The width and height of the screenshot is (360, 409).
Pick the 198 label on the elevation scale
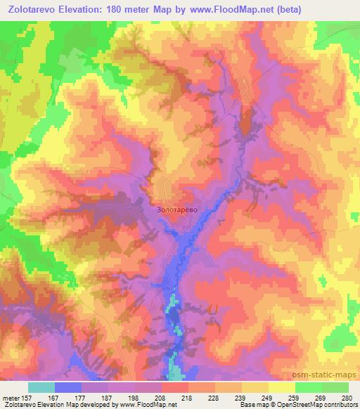136,398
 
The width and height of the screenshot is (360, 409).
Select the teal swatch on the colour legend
41,387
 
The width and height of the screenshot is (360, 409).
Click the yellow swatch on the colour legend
282,387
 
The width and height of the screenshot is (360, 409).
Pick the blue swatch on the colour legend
68,387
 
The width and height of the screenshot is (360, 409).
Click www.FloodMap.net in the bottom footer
148,405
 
